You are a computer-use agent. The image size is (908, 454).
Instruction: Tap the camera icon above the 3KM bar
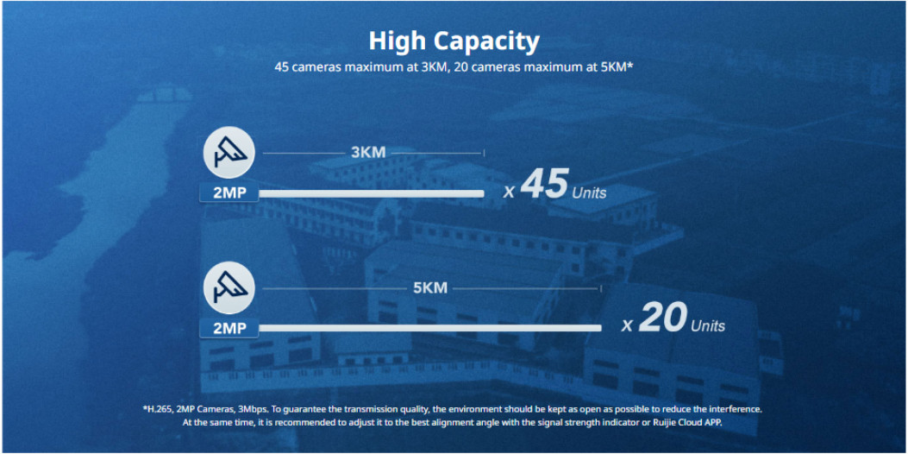click(229, 153)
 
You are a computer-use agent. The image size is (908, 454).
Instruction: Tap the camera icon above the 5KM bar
click(229, 287)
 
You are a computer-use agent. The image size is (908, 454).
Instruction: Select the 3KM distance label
click(368, 153)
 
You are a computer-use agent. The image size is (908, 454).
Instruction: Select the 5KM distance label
click(430, 287)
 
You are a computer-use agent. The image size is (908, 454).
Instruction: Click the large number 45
click(544, 185)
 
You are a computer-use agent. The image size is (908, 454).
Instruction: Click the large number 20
click(662, 318)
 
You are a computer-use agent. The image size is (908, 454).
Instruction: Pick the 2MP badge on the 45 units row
click(229, 193)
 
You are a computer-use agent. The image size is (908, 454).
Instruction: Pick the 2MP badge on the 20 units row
click(229, 328)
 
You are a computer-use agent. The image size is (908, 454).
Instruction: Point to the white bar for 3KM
click(371, 193)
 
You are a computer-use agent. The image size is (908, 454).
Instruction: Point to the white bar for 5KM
click(430, 328)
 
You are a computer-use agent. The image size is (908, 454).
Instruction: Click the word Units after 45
click(589, 193)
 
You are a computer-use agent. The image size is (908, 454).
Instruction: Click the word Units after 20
click(708, 326)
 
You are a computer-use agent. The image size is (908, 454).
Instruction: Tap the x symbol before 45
click(509, 192)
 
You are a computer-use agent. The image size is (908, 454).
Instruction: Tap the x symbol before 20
click(627, 326)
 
